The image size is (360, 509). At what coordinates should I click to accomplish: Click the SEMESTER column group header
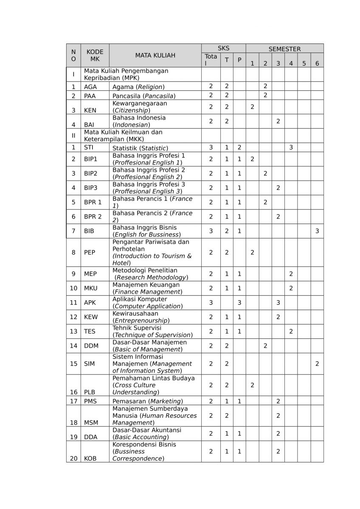coord(284,49)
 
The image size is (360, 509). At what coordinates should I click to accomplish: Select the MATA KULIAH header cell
coord(155,55)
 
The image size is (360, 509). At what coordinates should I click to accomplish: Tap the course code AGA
coord(90,87)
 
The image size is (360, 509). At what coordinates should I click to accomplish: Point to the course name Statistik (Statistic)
coord(140,148)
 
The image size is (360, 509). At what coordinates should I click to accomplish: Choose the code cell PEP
coord(90,252)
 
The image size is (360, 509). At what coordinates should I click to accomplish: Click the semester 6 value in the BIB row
coord(317,231)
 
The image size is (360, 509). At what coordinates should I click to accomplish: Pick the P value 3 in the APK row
coord(239,302)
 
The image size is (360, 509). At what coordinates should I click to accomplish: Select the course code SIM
coord(90,364)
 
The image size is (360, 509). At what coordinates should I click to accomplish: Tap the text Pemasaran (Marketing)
coord(147,401)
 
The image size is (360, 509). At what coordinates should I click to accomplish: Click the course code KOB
coord(90,458)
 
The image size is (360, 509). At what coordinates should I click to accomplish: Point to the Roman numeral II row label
coord(73,136)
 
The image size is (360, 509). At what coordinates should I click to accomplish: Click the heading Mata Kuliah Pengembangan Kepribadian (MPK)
coord(126,74)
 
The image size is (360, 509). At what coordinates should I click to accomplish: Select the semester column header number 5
coord(304,64)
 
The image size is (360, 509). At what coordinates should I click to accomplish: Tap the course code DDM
coord(91,346)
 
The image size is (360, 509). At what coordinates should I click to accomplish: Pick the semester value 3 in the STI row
coord(291,148)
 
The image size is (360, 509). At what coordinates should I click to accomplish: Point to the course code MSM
coord(91,422)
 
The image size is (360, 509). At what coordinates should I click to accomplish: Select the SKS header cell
coord(223,49)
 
